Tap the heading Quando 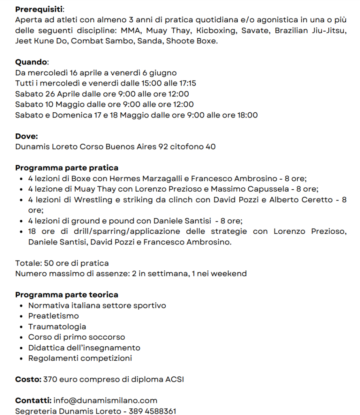(x=31, y=62)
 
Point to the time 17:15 (x=187, y=83)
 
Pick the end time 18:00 (x=247, y=115)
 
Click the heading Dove (x=26, y=136)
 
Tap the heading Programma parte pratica (x=67, y=168)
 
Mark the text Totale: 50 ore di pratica (x=62, y=263)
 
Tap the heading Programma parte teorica (x=67, y=295)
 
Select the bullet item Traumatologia (x=57, y=326)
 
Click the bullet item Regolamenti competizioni (x=80, y=358)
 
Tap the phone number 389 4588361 (x=153, y=411)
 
